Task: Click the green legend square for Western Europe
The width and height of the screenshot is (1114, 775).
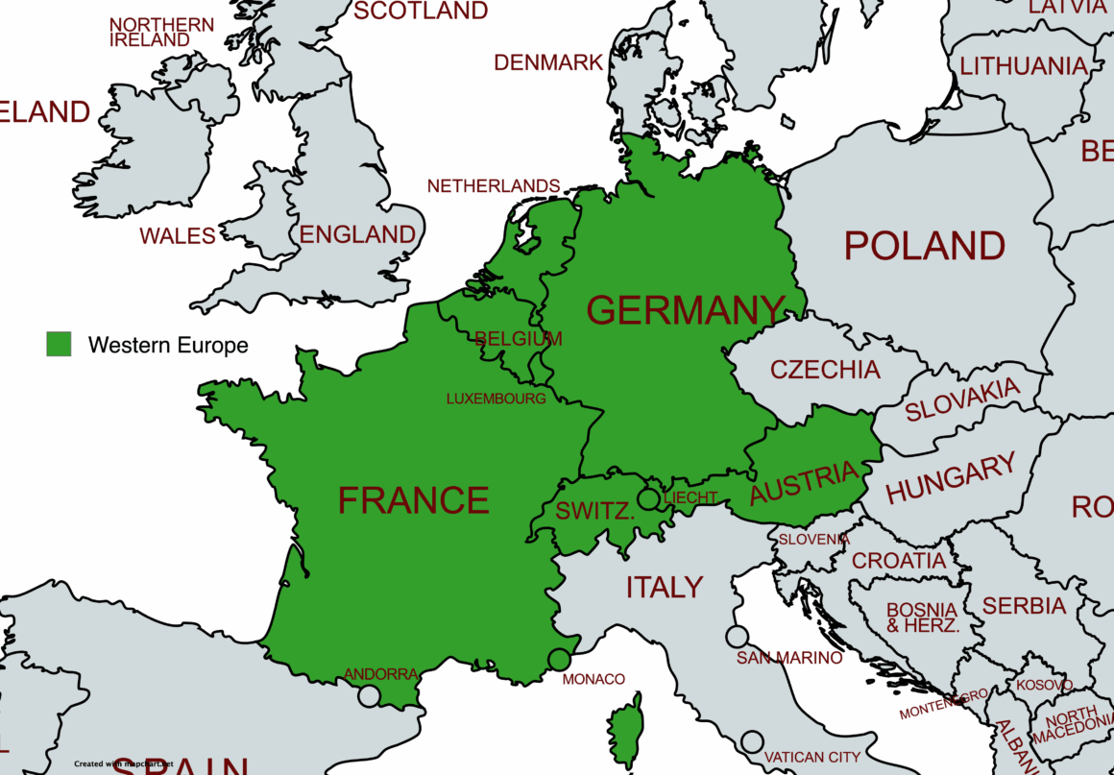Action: pos(59,344)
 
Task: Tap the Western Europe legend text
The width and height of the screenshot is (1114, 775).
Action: pos(168,345)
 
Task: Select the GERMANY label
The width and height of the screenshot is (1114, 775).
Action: pos(686,310)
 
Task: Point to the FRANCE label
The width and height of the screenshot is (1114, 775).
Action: pos(414,500)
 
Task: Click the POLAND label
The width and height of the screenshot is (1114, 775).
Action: pos(925,246)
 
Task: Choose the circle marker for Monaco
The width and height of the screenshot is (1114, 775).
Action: pos(559,660)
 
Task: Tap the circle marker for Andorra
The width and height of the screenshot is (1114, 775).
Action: pos(369,696)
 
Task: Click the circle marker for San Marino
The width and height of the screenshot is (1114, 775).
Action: pos(737,637)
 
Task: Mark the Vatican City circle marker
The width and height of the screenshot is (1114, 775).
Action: pos(752,741)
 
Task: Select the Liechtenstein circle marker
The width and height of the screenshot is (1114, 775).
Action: pos(649,498)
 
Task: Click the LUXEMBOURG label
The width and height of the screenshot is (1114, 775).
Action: pos(496,399)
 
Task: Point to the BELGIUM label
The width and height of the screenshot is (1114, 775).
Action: pos(519,339)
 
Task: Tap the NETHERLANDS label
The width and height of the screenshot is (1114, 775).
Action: pos(494,185)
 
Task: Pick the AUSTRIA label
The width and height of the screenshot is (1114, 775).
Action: pos(804,482)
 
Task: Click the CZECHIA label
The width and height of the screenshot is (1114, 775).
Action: pos(825,370)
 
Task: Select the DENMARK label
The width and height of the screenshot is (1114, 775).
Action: pos(548,62)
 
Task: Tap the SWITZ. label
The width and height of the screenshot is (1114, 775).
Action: pos(595,511)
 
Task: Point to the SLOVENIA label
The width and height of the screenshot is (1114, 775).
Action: pos(813,540)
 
